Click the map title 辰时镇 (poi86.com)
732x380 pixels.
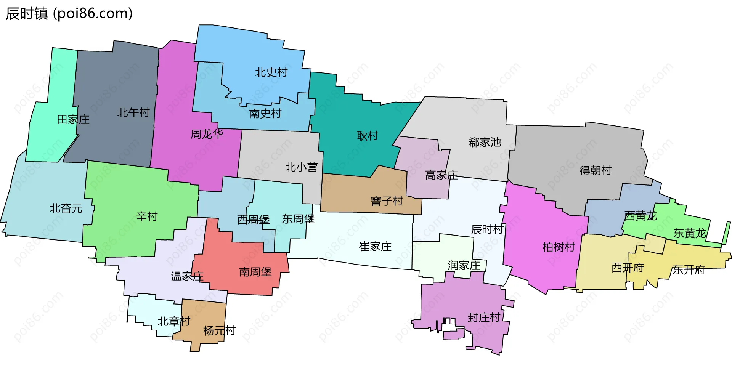(x=69, y=13)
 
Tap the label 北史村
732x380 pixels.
(x=271, y=72)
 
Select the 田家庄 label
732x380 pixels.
(x=73, y=120)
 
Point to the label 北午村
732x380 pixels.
(x=133, y=112)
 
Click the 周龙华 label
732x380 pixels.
(x=207, y=134)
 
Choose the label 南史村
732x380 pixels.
(x=265, y=113)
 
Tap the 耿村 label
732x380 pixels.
(x=368, y=136)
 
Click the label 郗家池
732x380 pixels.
(x=485, y=142)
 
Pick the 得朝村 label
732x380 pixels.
(x=596, y=170)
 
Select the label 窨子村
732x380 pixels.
(x=387, y=201)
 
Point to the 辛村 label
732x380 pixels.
(x=147, y=216)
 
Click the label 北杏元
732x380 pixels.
(x=66, y=208)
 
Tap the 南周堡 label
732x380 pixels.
(x=255, y=272)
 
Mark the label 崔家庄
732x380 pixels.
(x=375, y=247)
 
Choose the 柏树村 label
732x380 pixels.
(x=559, y=247)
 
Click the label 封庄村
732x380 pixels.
(x=484, y=317)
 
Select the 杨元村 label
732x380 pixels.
(x=219, y=330)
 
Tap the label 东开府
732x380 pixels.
(x=689, y=269)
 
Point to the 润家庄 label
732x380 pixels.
(x=464, y=265)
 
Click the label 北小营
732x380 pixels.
(x=301, y=167)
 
